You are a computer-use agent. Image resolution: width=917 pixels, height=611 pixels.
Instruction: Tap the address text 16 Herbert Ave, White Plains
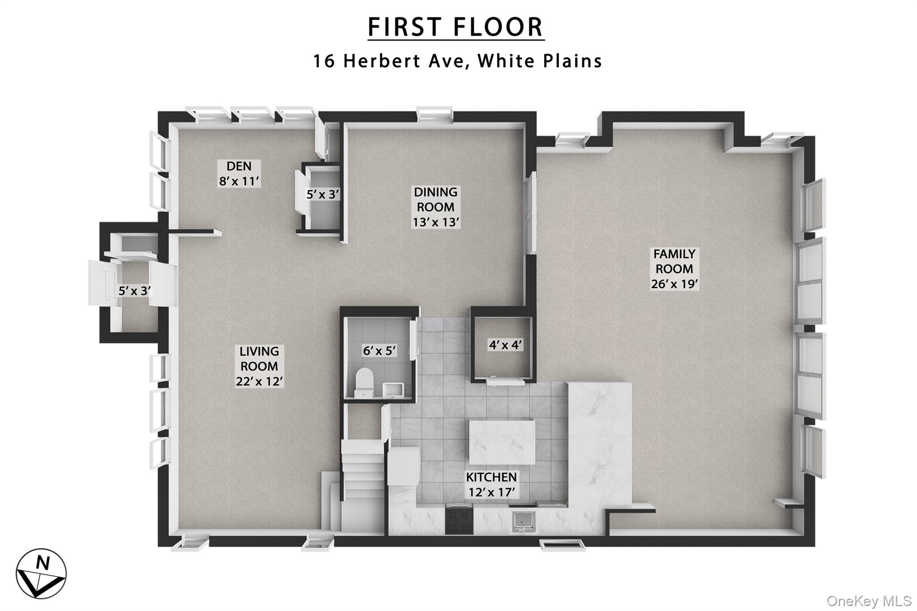[x=457, y=61]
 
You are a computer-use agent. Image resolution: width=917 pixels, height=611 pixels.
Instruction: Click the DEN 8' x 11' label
[x=239, y=174]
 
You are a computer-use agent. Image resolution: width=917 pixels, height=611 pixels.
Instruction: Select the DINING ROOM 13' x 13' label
[x=436, y=207]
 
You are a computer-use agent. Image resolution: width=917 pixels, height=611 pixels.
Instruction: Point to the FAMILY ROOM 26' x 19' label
[x=674, y=269]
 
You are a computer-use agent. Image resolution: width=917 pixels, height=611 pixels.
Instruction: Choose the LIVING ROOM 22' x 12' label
[x=259, y=366]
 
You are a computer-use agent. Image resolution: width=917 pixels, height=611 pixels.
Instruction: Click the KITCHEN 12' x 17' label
[x=491, y=484]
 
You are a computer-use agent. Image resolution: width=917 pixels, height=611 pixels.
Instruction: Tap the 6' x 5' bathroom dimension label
[x=379, y=350]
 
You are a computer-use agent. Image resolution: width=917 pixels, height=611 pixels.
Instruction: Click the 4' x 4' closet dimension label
[x=505, y=345]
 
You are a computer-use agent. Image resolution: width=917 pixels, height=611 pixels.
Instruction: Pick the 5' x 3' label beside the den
[x=322, y=194]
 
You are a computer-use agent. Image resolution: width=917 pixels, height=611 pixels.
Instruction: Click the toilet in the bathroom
[x=364, y=382]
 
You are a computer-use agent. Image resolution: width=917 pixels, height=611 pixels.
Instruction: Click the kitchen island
[x=502, y=442]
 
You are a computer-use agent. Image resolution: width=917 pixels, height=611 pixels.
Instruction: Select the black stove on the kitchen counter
[x=459, y=519]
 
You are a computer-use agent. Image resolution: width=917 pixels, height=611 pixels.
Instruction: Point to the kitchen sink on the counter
[x=524, y=521]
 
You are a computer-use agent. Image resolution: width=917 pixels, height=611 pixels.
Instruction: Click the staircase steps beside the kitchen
[x=362, y=474]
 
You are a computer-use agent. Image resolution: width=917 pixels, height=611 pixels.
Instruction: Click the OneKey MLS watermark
[x=869, y=601]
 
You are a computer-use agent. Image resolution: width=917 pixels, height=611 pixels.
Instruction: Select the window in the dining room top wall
[x=434, y=114]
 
